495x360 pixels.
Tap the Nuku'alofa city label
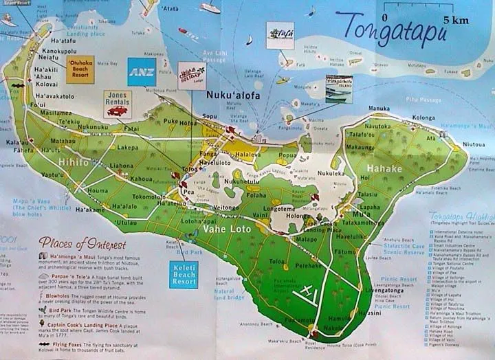pyautogui.click(x=231, y=95)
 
